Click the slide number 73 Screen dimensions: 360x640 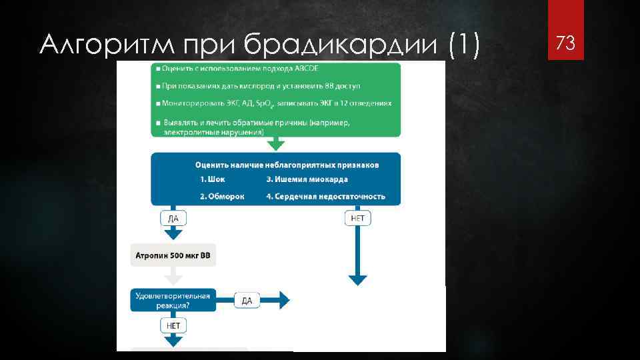click(x=565, y=43)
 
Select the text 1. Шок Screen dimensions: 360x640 click(x=213, y=179)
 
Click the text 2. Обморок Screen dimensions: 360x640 click(x=222, y=197)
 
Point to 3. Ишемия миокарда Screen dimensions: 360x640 click(x=307, y=179)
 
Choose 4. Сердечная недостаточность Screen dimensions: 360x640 click(x=325, y=197)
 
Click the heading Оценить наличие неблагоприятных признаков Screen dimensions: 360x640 click(x=287, y=164)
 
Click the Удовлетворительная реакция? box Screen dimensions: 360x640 click(x=173, y=300)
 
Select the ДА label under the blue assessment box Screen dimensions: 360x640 click(x=173, y=218)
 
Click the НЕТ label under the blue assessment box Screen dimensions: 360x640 click(x=358, y=218)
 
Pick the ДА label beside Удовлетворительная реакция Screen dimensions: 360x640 click(x=247, y=301)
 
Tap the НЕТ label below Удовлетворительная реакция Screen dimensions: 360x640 click(x=173, y=325)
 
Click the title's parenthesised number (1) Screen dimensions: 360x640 click(x=464, y=45)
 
